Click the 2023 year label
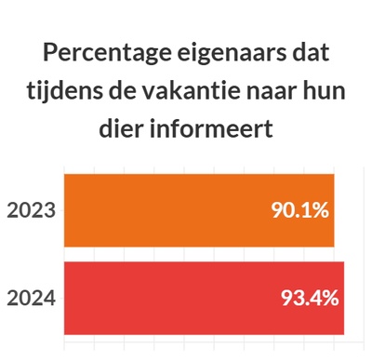click(x=32, y=210)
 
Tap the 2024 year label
click(x=32, y=299)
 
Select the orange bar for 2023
click(x=167, y=210)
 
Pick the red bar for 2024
click(x=167, y=298)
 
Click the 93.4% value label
click(x=309, y=299)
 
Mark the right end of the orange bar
click(x=333, y=210)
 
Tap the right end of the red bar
click(x=343, y=298)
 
